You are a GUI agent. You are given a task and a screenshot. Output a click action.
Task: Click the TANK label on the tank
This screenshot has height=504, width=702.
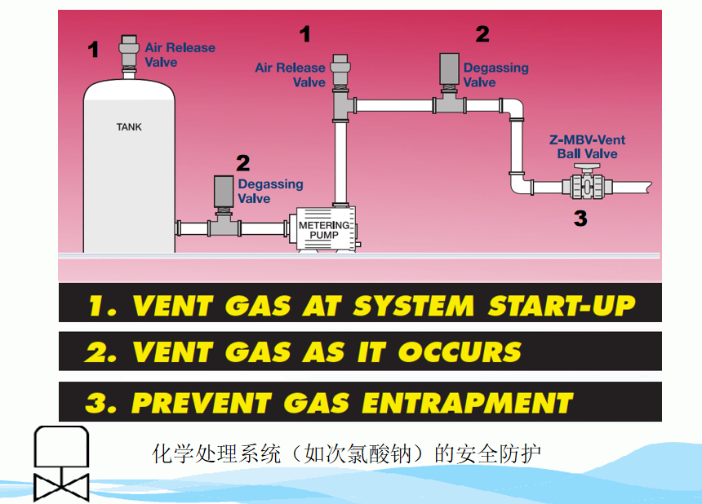point(129,126)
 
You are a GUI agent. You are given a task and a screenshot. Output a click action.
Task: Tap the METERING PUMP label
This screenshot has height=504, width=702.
point(323,230)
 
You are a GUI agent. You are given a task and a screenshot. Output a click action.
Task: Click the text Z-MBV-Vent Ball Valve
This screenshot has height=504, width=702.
point(588,147)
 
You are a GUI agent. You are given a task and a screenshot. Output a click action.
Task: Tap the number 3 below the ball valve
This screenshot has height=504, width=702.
point(580,218)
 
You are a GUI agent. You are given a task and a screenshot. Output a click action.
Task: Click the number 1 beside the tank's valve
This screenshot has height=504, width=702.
point(94,51)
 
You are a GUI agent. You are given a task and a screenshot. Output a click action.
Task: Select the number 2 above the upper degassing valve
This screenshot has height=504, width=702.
point(482,33)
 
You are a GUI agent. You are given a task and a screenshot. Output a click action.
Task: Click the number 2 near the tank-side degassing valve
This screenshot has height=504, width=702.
point(243,162)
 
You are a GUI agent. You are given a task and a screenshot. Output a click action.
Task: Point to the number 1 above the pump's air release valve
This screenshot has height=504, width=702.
point(305,34)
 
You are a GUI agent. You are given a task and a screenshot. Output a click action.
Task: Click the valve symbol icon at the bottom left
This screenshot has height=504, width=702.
point(61,463)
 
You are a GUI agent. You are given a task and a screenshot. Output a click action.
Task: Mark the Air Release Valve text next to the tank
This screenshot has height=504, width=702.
point(180,55)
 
